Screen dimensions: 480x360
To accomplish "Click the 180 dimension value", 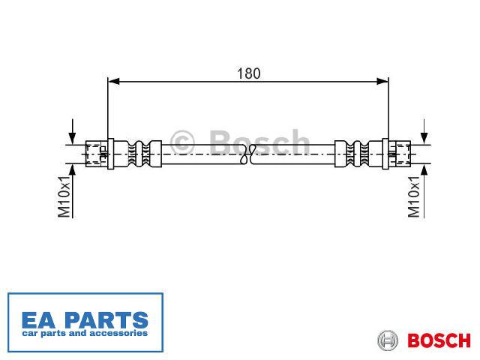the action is click(x=248, y=73).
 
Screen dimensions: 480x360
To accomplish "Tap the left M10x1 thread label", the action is click(x=64, y=196).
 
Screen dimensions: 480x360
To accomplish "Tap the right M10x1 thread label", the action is click(x=414, y=196).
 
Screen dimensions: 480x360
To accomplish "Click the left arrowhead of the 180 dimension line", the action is click(x=113, y=82).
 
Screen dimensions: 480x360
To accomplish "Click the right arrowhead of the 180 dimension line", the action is click(x=382, y=82).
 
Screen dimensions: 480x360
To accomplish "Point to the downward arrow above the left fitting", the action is click(x=72, y=132).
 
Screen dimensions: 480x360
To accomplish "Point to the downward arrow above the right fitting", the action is click(x=424, y=132).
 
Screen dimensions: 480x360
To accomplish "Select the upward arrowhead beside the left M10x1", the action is click(x=73, y=170).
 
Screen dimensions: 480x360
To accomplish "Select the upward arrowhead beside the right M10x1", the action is click(x=424, y=170).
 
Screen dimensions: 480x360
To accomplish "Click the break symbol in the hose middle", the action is click(x=248, y=154).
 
